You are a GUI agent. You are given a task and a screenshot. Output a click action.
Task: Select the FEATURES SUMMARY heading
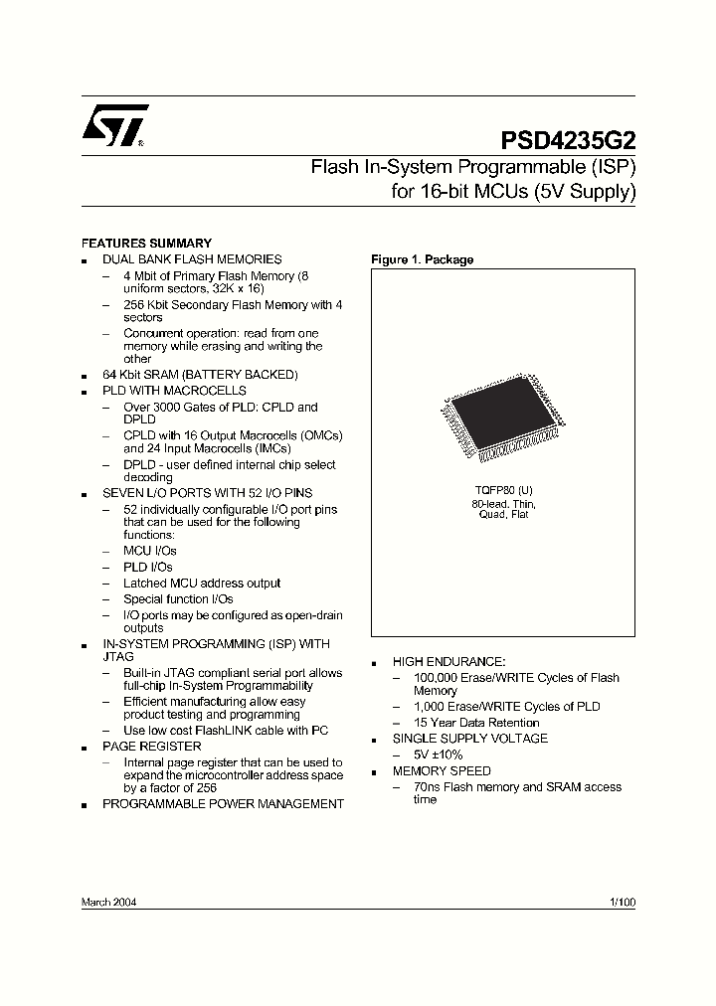[x=145, y=244]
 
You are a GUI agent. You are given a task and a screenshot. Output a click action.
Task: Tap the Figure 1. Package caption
[x=422, y=260]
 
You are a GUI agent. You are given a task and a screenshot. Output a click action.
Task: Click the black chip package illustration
[x=500, y=419]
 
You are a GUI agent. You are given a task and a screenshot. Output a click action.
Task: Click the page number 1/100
[x=622, y=903]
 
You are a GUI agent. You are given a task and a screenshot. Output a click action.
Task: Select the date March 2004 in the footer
[x=108, y=903]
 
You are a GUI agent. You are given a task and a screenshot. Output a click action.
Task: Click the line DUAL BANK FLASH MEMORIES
[x=192, y=259]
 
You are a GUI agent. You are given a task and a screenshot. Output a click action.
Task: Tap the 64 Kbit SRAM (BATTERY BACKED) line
[x=200, y=375]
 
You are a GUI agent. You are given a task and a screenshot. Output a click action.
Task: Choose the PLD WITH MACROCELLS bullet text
[x=174, y=391]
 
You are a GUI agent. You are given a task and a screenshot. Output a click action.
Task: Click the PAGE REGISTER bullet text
[x=151, y=747]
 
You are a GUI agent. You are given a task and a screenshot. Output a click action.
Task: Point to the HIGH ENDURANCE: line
[x=448, y=661]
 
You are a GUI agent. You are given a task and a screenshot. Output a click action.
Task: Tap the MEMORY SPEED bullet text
[x=442, y=770]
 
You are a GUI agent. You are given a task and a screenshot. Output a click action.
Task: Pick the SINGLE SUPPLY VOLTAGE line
[x=469, y=739]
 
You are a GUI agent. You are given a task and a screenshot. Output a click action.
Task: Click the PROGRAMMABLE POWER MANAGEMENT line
[x=223, y=803]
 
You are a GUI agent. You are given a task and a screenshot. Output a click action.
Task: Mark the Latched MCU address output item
[x=202, y=584]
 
